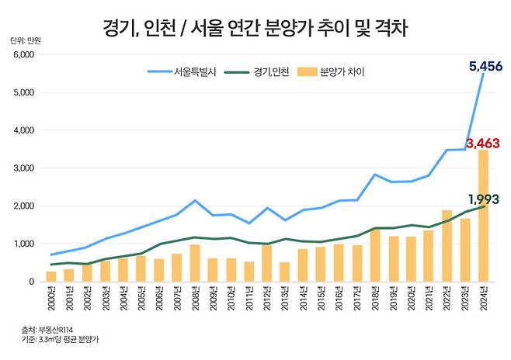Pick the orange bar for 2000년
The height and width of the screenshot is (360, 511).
click(51, 276)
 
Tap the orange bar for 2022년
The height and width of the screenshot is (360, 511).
click(447, 246)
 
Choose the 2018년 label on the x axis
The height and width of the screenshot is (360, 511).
click(376, 298)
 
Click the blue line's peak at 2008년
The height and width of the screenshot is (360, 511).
click(196, 200)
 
